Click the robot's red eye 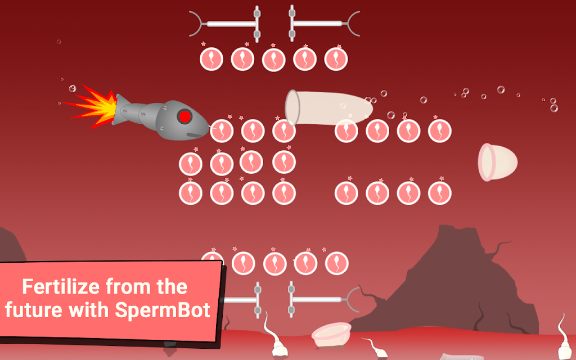(x=184, y=116)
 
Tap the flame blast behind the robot (x=90, y=106)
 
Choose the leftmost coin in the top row (x=211, y=59)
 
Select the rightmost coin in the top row (x=336, y=59)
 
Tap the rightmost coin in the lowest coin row (x=336, y=263)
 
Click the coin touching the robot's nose (x=221, y=131)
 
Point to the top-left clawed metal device (x=225, y=24)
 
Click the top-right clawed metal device (x=325, y=24)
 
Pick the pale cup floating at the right (x=497, y=162)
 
